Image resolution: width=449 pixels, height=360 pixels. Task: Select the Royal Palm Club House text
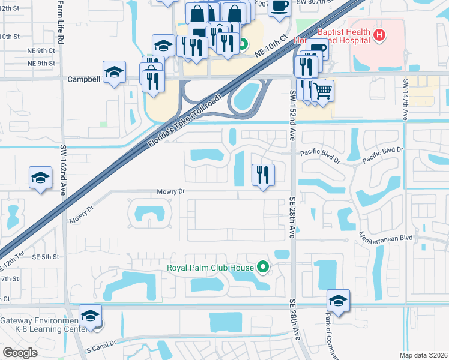(x=208, y=267)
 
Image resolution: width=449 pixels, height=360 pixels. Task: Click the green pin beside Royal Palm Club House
(x=262, y=266)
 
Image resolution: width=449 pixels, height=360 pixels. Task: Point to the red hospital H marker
(x=379, y=35)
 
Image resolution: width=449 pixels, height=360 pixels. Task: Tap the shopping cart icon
(x=323, y=91)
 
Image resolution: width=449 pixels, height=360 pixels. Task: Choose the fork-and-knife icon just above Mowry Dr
(x=262, y=175)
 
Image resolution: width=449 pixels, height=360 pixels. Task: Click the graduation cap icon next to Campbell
(x=113, y=72)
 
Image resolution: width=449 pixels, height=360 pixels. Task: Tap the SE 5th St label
(x=47, y=257)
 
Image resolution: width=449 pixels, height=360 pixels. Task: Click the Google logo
(x=20, y=352)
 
